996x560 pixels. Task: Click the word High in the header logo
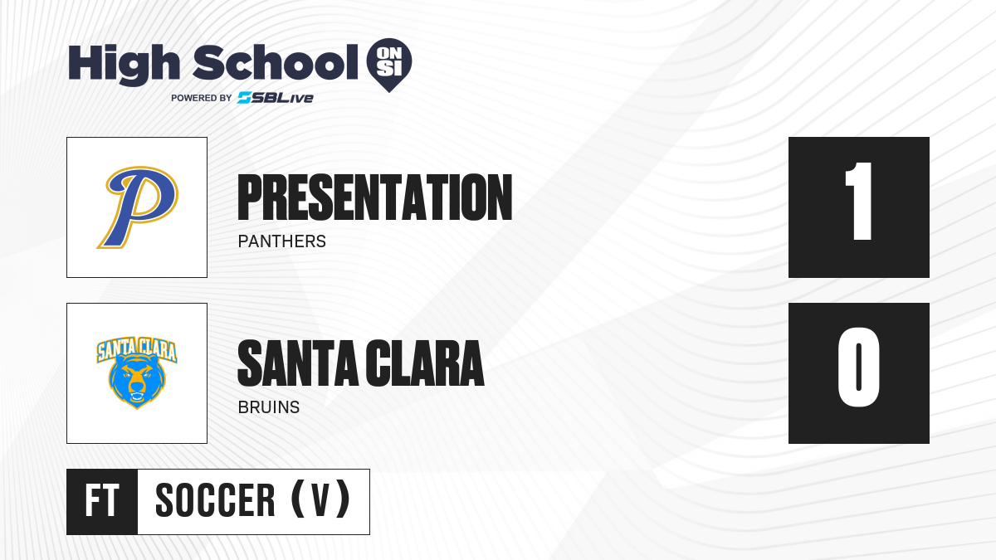(x=124, y=65)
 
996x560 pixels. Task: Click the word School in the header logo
(x=276, y=62)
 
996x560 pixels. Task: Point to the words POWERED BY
(x=202, y=98)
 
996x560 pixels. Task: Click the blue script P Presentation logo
(x=138, y=207)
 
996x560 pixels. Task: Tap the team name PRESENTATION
(x=375, y=197)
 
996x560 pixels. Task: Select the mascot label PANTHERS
(x=282, y=241)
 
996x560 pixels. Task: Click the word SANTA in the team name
(x=298, y=363)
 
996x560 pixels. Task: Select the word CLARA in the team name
(x=425, y=363)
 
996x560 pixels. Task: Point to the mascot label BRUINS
(x=269, y=407)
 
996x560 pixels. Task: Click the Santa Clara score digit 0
(x=858, y=367)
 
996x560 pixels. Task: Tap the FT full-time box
(x=102, y=502)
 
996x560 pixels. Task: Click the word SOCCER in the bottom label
(x=215, y=500)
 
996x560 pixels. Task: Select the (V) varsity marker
(x=320, y=499)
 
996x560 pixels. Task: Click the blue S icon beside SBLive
(x=244, y=98)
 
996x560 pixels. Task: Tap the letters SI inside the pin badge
(x=389, y=68)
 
